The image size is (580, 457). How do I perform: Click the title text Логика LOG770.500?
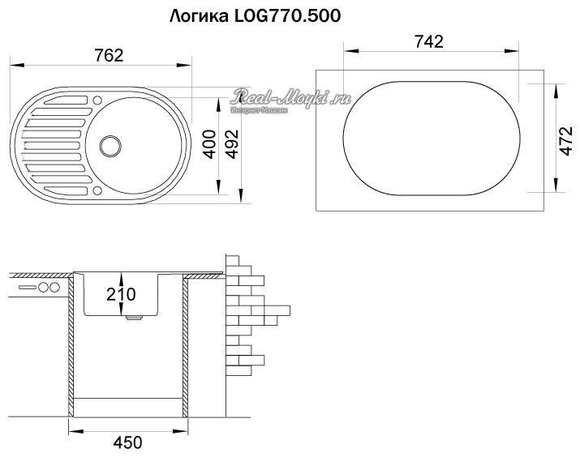pyautogui.click(x=256, y=16)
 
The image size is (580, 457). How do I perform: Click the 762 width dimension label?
pyautogui.click(x=109, y=55)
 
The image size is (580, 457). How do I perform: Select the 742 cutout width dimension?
pyautogui.click(x=428, y=42)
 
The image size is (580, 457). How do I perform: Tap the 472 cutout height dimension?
pyautogui.click(x=566, y=141)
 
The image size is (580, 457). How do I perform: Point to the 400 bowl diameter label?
pyautogui.click(x=210, y=144)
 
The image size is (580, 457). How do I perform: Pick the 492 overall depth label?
pyautogui.click(x=233, y=144)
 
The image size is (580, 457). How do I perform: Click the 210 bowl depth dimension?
pyautogui.click(x=121, y=294)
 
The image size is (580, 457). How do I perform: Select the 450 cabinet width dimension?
pyautogui.click(x=127, y=442)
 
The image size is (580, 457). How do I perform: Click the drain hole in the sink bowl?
pyautogui.click(x=110, y=145)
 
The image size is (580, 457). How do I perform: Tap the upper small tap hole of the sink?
pyautogui.click(x=97, y=100)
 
